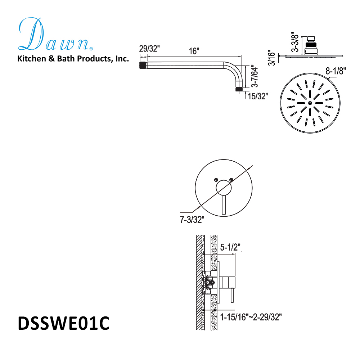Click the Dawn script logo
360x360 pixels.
pyautogui.click(x=54, y=35)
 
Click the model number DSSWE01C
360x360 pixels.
pyautogui.click(x=63, y=323)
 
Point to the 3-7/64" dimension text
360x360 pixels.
pyautogui.click(x=254, y=76)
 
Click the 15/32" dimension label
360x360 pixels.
pyautogui.click(x=258, y=96)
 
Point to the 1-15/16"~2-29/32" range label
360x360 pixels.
pyautogui.click(x=251, y=317)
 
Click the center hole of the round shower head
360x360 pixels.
pyautogui.click(x=310, y=103)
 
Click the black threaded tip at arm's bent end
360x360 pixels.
pyautogui.click(x=239, y=89)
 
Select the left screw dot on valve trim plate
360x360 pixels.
pyautogui.click(x=216, y=179)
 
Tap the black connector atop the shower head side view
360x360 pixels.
pyautogui.click(x=310, y=46)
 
